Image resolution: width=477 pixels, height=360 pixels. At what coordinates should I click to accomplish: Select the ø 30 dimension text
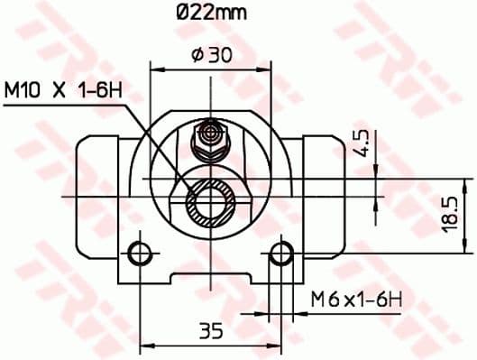pos(213,55)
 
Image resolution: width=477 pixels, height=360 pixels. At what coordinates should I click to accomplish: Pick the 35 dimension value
pos(211,330)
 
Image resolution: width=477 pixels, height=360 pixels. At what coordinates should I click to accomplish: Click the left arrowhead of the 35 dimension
pos(146,344)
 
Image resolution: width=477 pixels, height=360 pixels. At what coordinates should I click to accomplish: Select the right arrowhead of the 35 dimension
pos(276,344)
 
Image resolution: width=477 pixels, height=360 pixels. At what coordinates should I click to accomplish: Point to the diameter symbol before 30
pos(197,55)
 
